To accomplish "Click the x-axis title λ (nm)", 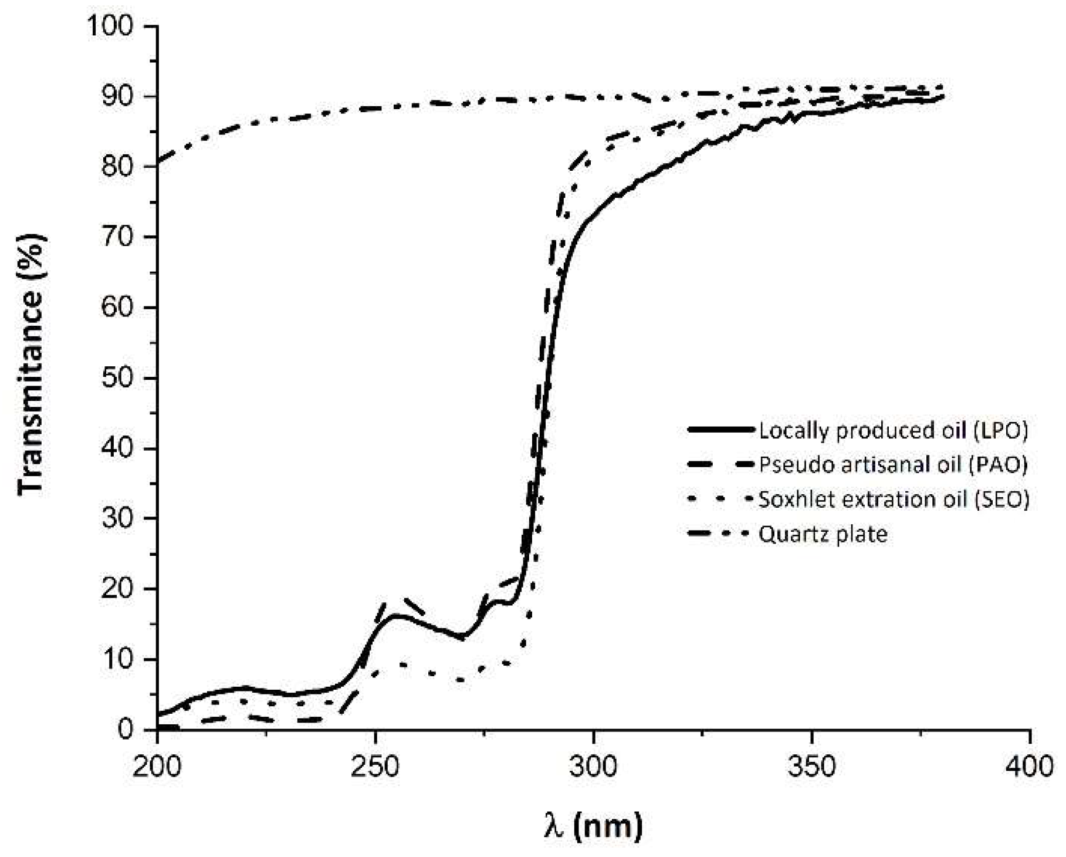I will coord(593,827).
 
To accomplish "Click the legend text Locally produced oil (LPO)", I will coord(894,431).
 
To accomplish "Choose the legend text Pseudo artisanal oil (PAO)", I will coord(894,465).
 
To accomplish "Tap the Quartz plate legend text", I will coord(823,534).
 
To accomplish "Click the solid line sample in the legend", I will coord(720,430).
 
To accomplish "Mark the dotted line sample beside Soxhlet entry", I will coord(720,500).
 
